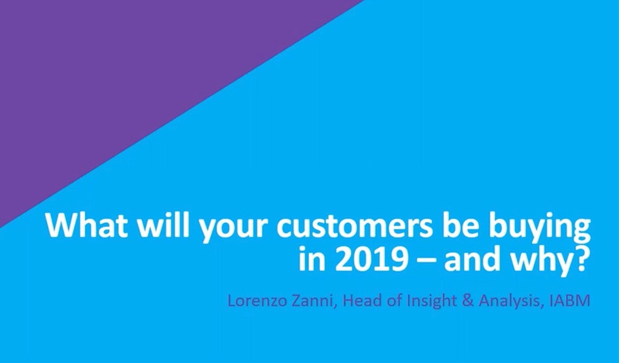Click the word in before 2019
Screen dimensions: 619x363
coord(312,258)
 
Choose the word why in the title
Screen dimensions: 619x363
coord(538,262)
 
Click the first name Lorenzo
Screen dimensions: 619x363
coord(256,301)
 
